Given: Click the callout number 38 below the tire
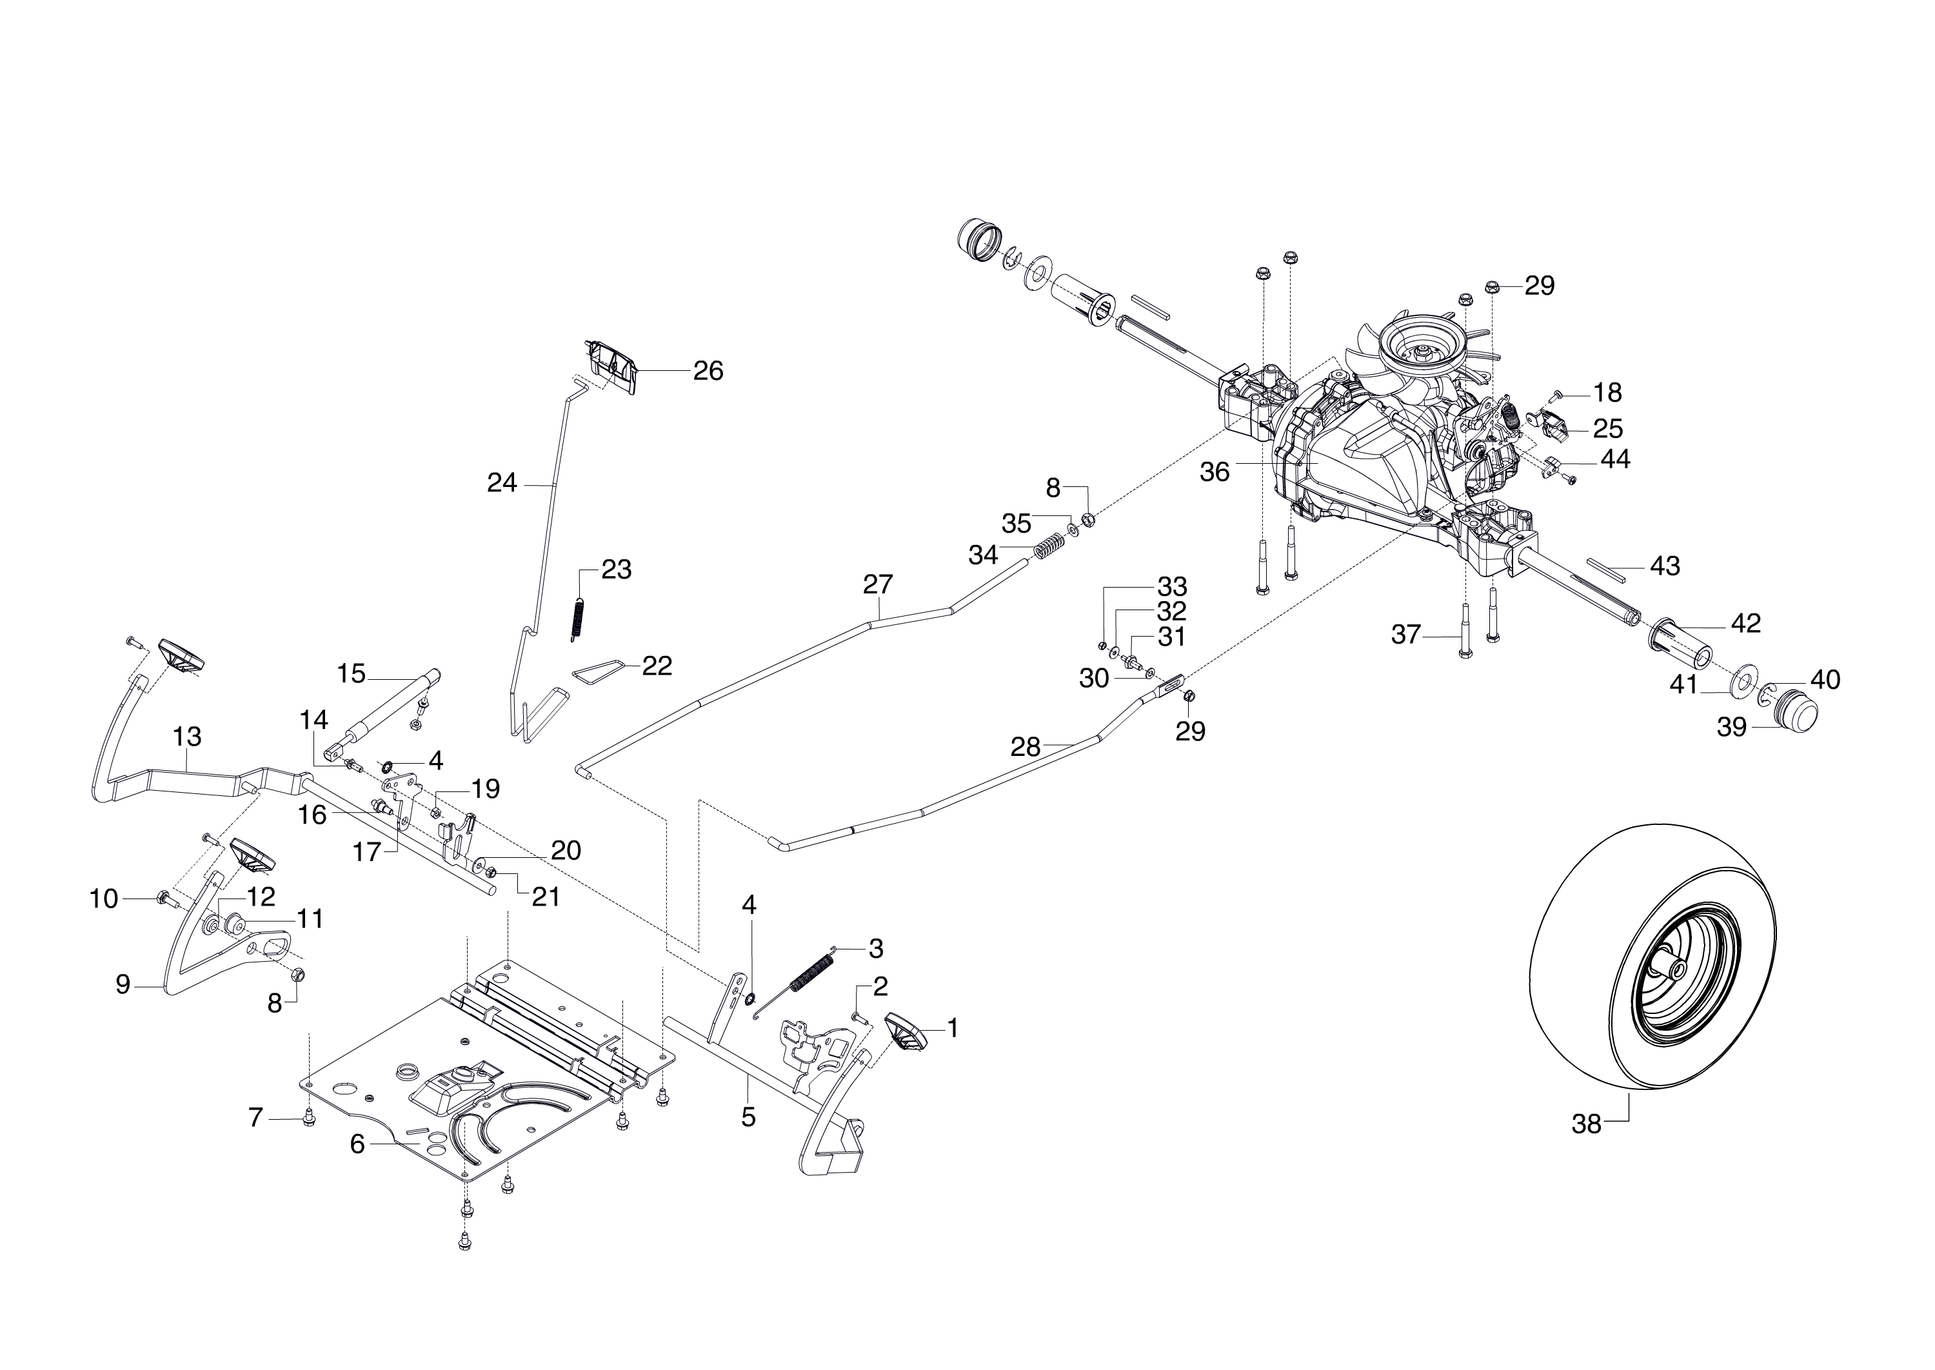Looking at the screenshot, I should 1586,1124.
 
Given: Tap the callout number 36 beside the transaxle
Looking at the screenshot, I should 1215,472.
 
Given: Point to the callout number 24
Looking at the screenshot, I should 502,483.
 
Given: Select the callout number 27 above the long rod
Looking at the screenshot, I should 878,584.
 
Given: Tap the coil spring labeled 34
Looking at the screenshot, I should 1047,548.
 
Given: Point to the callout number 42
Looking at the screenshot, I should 1745,624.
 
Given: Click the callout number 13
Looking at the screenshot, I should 186,737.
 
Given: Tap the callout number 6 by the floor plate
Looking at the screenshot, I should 357,1145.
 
